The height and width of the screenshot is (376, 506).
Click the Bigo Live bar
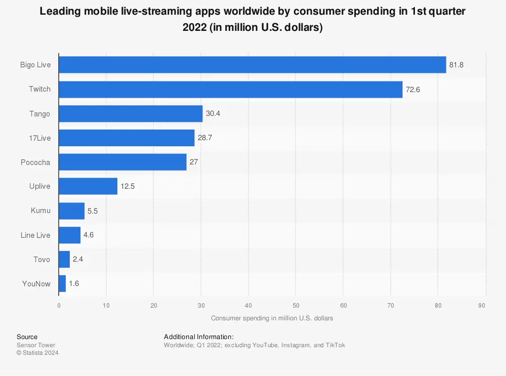[x=252, y=65]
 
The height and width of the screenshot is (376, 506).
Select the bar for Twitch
[x=230, y=89]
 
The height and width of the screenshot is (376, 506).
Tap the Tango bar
[x=131, y=113]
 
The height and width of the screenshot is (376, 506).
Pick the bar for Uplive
[x=88, y=186]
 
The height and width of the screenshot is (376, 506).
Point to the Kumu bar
[x=71, y=211]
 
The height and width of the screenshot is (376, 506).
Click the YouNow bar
[x=62, y=283]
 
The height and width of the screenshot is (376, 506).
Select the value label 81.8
[x=456, y=65]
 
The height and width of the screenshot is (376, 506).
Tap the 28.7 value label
[x=205, y=138]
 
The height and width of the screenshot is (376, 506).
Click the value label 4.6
[x=89, y=235]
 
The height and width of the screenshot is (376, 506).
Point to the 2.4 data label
[x=78, y=259]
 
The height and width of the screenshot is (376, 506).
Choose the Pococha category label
[x=35, y=162]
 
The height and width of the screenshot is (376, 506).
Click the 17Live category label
[x=39, y=138]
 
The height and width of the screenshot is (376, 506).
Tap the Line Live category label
[x=35, y=235]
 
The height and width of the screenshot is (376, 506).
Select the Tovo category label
[x=41, y=259]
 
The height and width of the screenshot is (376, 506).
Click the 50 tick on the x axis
[x=296, y=305]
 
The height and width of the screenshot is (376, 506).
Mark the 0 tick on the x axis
[x=59, y=305]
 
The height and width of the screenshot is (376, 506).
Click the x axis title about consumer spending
[x=272, y=318]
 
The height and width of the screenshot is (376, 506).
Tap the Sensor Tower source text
[x=35, y=345]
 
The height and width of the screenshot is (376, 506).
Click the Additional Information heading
[x=198, y=337]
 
